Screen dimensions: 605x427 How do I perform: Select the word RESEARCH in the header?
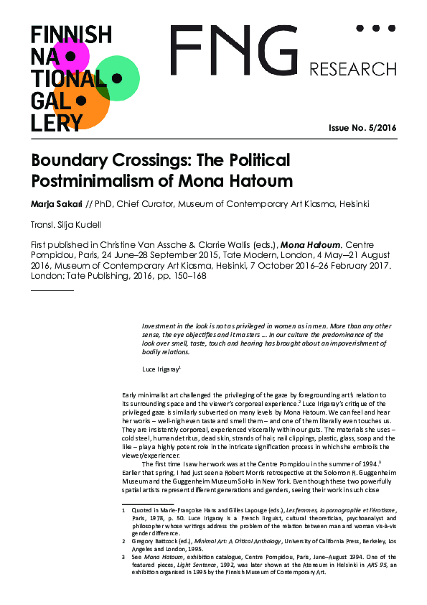coord(352,70)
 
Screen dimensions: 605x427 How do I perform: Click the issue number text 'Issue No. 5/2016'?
coord(362,128)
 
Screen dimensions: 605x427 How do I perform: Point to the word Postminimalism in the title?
coord(80,178)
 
